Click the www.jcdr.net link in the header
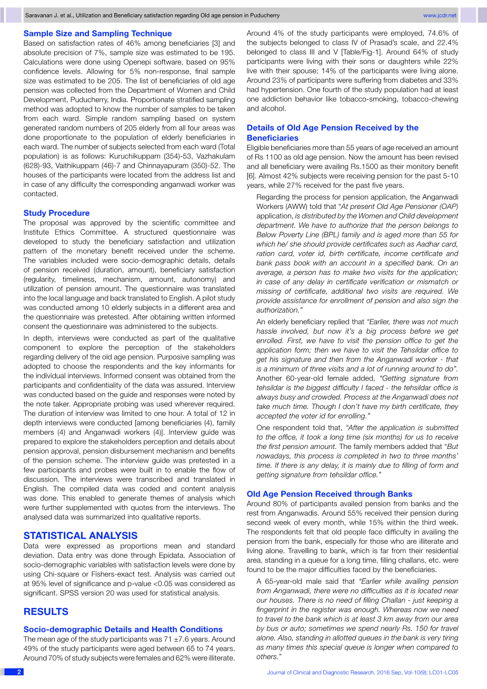(x=440, y=16)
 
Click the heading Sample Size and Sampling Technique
(x=97, y=34)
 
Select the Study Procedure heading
(x=56, y=213)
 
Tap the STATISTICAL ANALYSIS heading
(x=80, y=536)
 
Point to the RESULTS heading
(x=46, y=612)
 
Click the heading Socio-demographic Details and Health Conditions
(x=123, y=630)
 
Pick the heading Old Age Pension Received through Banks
(x=329, y=494)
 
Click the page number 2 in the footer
(x=19, y=672)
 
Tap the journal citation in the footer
(x=362, y=673)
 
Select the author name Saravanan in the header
(x=41, y=16)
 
